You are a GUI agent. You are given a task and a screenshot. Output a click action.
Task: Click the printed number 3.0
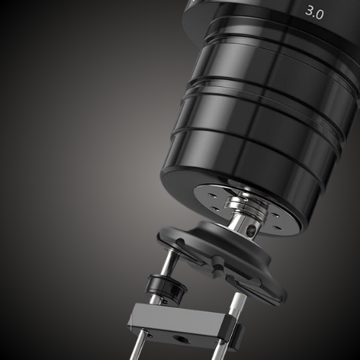click(x=314, y=12)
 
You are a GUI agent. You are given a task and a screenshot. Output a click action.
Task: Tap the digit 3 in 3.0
click(x=309, y=11)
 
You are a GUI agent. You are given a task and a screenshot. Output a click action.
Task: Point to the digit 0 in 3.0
click(x=319, y=14)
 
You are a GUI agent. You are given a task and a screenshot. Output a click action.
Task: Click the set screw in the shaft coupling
click(x=252, y=229)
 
